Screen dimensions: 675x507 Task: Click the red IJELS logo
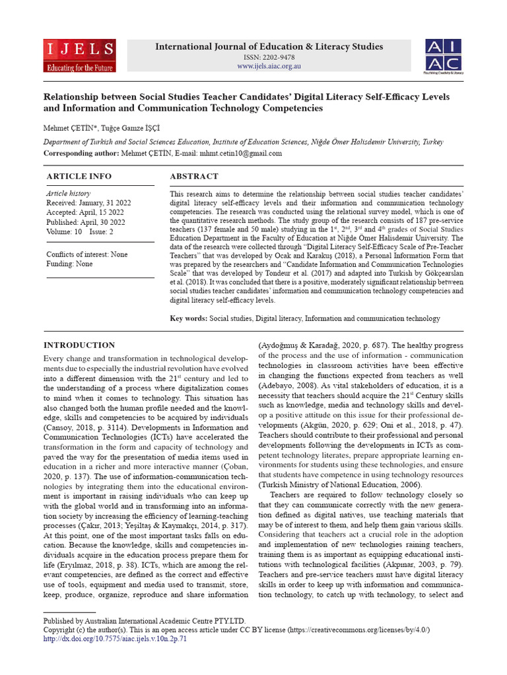80,55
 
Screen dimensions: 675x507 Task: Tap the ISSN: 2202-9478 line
269,57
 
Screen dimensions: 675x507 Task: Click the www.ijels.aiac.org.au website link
269,67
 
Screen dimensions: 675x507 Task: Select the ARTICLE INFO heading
79,177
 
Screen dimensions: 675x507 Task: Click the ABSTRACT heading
194,177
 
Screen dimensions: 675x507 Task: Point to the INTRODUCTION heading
79,345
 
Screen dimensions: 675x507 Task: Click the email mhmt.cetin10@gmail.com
244,153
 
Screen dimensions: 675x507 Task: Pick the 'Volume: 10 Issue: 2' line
80,232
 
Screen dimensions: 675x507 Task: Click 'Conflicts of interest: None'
87,254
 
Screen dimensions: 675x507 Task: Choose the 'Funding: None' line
69,264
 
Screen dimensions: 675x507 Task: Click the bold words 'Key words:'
189,318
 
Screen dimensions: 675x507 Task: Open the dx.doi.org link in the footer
115,639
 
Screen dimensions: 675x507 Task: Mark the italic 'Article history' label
68,194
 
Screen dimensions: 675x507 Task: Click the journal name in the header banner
269,47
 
